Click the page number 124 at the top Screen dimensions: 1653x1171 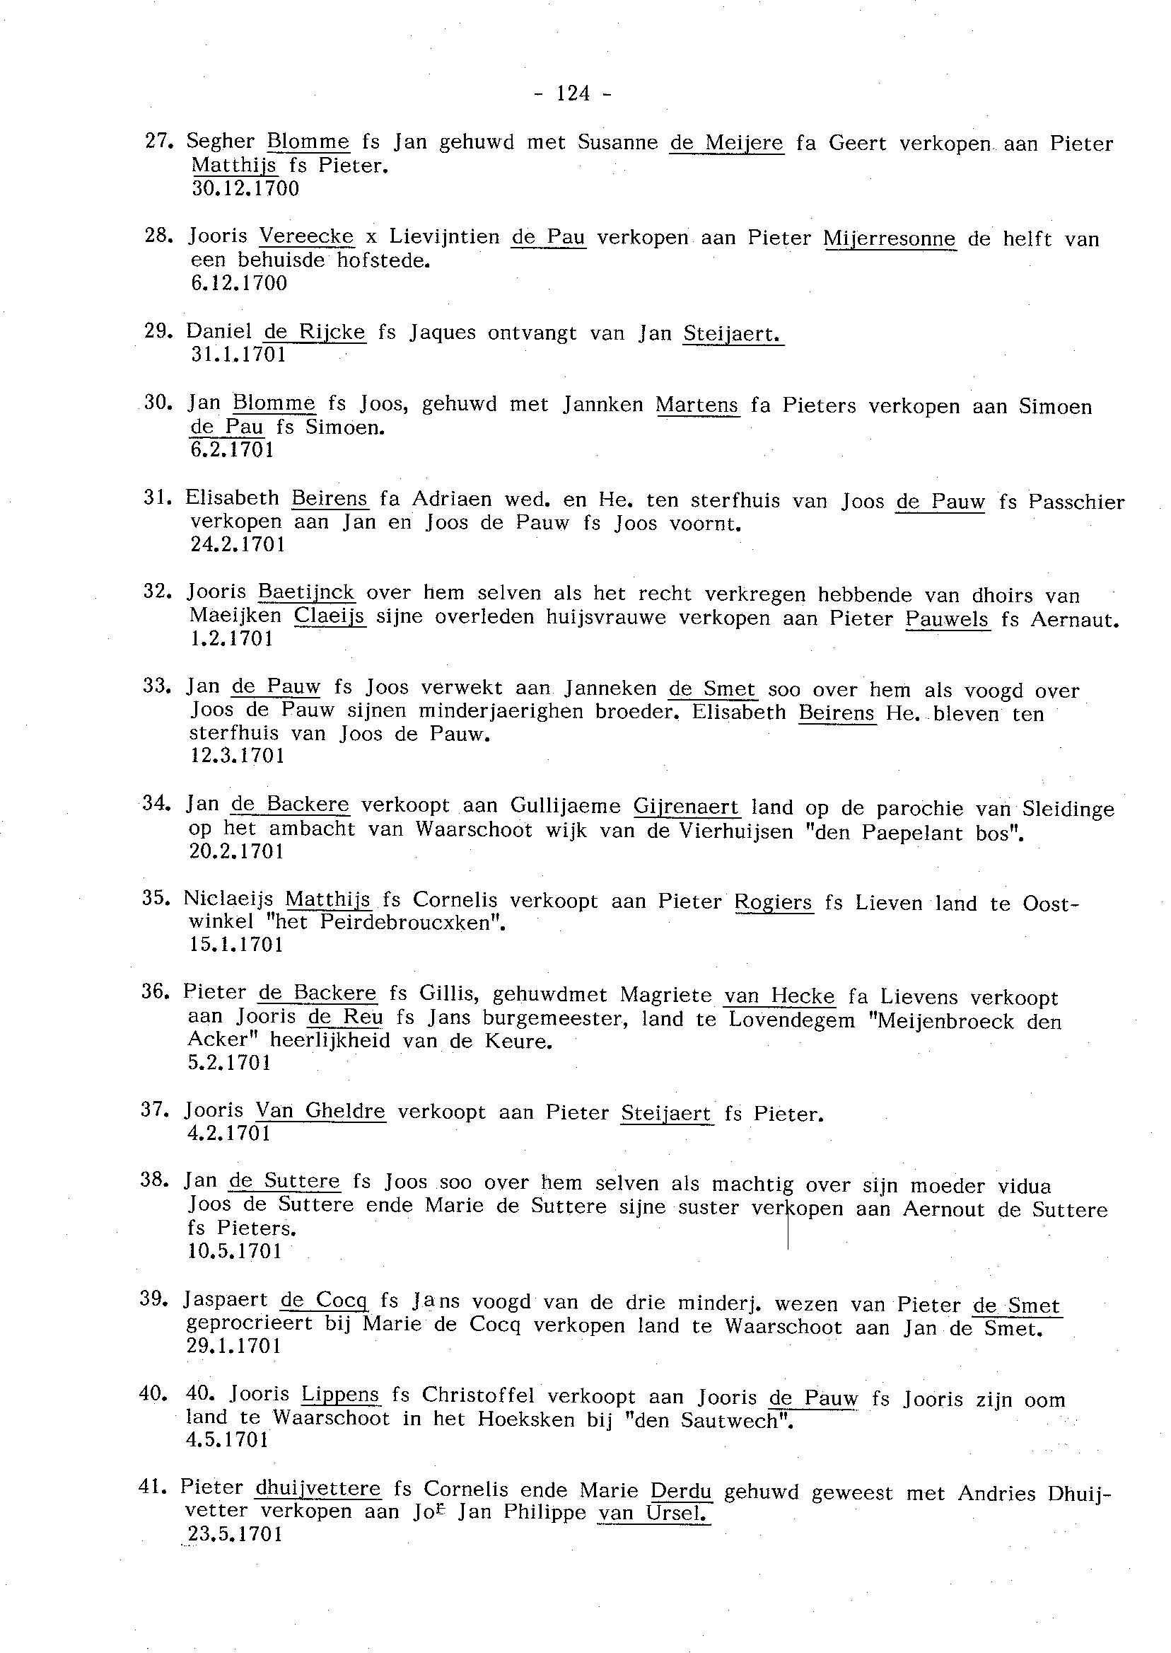[574, 93]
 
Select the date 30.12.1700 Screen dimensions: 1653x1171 [245, 189]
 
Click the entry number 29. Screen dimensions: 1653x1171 [156, 331]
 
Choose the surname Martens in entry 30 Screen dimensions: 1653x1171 [697, 405]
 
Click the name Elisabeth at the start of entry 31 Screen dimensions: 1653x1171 [232, 498]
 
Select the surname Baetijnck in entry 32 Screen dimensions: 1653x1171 [306, 593]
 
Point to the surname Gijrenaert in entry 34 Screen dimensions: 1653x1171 [686, 807]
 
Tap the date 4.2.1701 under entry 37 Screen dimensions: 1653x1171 [228, 1134]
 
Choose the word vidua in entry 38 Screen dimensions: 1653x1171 [1024, 1187]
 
